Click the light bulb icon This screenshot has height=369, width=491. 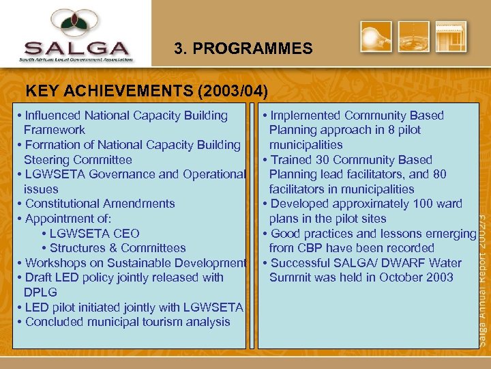(376, 37)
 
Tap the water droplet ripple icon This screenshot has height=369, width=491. (415, 37)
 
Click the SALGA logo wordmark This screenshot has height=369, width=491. (76, 49)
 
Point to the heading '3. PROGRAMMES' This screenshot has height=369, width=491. (243, 49)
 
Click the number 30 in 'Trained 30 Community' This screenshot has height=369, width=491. (325, 160)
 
